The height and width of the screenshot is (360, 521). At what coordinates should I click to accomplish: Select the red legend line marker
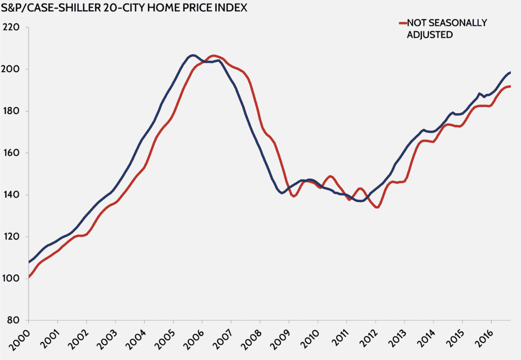click(x=402, y=23)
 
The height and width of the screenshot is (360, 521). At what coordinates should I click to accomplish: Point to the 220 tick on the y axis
click(x=11, y=27)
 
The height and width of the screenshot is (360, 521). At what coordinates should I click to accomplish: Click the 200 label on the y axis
click(x=11, y=69)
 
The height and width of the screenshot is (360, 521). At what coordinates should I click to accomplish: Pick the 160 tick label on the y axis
click(x=11, y=153)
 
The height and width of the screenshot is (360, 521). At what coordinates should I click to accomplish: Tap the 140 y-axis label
click(x=11, y=195)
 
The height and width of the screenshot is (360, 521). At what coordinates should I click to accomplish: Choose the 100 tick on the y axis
click(x=11, y=279)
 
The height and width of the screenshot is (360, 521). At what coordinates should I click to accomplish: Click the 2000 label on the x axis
click(x=20, y=340)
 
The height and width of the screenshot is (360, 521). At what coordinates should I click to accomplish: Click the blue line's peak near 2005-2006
click(x=192, y=55)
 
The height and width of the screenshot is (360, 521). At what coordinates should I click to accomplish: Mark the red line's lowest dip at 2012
click(x=377, y=207)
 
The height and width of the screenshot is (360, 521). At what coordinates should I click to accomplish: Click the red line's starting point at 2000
click(x=29, y=277)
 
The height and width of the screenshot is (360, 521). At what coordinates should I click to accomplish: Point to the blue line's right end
click(x=510, y=72)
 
